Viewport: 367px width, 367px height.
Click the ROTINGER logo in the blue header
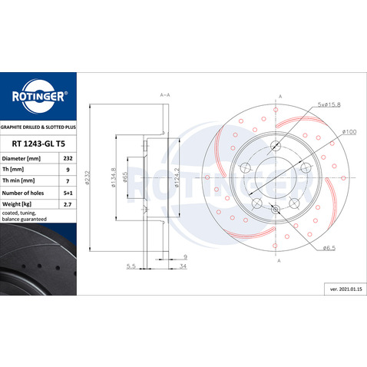(x=38, y=97)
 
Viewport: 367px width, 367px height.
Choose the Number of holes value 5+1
(x=66, y=194)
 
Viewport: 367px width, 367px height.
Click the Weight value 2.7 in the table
(x=66, y=206)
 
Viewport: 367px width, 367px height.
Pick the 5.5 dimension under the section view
(x=132, y=266)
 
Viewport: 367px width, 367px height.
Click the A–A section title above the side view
(x=165, y=94)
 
